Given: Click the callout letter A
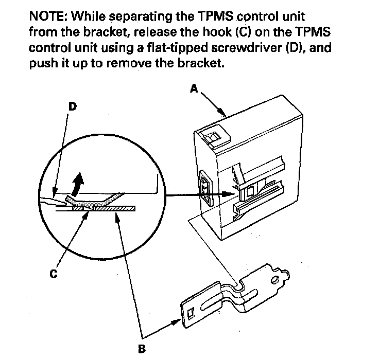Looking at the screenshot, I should click(194, 89).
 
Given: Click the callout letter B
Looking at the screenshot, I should click(141, 349).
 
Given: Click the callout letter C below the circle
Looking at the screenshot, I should click(53, 274).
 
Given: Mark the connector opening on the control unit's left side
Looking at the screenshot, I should click(204, 188).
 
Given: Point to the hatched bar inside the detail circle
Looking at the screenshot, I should click(103, 208).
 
